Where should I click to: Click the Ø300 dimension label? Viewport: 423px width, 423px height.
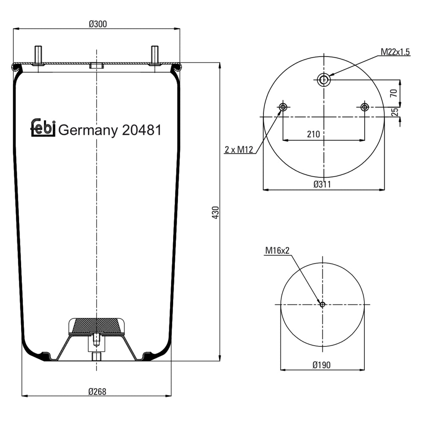[97, 24]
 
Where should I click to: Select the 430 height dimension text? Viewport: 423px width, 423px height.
[215, 213]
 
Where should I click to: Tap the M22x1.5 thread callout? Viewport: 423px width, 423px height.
[395, 52]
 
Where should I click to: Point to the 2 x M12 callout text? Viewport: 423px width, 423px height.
[238, 150]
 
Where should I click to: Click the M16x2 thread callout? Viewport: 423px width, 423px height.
[277, 251]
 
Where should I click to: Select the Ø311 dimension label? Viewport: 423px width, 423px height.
[322, 184]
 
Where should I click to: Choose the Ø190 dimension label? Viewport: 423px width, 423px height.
[322, 365]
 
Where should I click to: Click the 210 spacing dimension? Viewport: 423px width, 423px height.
[313, 134]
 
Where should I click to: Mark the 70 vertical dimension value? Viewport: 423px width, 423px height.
[394, 93]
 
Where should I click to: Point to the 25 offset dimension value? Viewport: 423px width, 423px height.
[395, 112]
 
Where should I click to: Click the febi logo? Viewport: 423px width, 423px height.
[43, 128]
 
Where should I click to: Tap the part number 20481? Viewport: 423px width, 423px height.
[141, 130]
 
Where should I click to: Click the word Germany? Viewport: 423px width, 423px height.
[88, 131]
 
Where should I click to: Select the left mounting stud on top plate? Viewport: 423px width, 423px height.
[38, 55]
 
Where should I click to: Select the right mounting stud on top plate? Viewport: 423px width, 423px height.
[154, 55]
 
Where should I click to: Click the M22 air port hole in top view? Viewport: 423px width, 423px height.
[324, 80]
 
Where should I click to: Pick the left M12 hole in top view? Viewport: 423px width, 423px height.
[283, 107]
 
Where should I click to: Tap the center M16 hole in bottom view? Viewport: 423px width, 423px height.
[322, 304]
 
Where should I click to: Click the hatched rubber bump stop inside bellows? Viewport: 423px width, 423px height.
[96, 325]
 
